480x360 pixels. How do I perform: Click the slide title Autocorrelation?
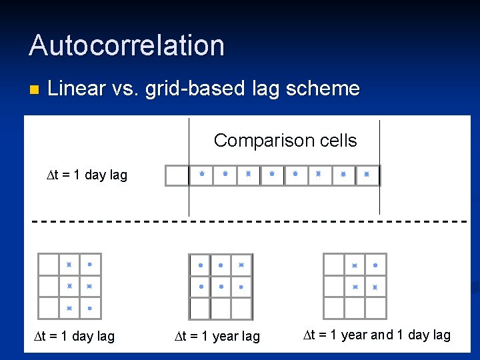click(127, 45)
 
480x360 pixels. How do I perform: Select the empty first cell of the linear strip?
click(177, 175)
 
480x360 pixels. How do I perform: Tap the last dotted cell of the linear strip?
click(367, 175)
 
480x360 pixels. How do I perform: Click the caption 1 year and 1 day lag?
click(377, 335)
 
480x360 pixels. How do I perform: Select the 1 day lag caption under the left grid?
click(74, 336)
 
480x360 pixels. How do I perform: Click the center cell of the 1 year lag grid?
click(221, 287)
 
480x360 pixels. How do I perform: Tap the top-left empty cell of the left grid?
click(49, 265)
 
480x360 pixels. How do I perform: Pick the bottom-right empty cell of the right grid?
click(375, 308)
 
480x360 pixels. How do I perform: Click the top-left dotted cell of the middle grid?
click(200, 265)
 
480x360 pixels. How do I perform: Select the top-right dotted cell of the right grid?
click(375, 265)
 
